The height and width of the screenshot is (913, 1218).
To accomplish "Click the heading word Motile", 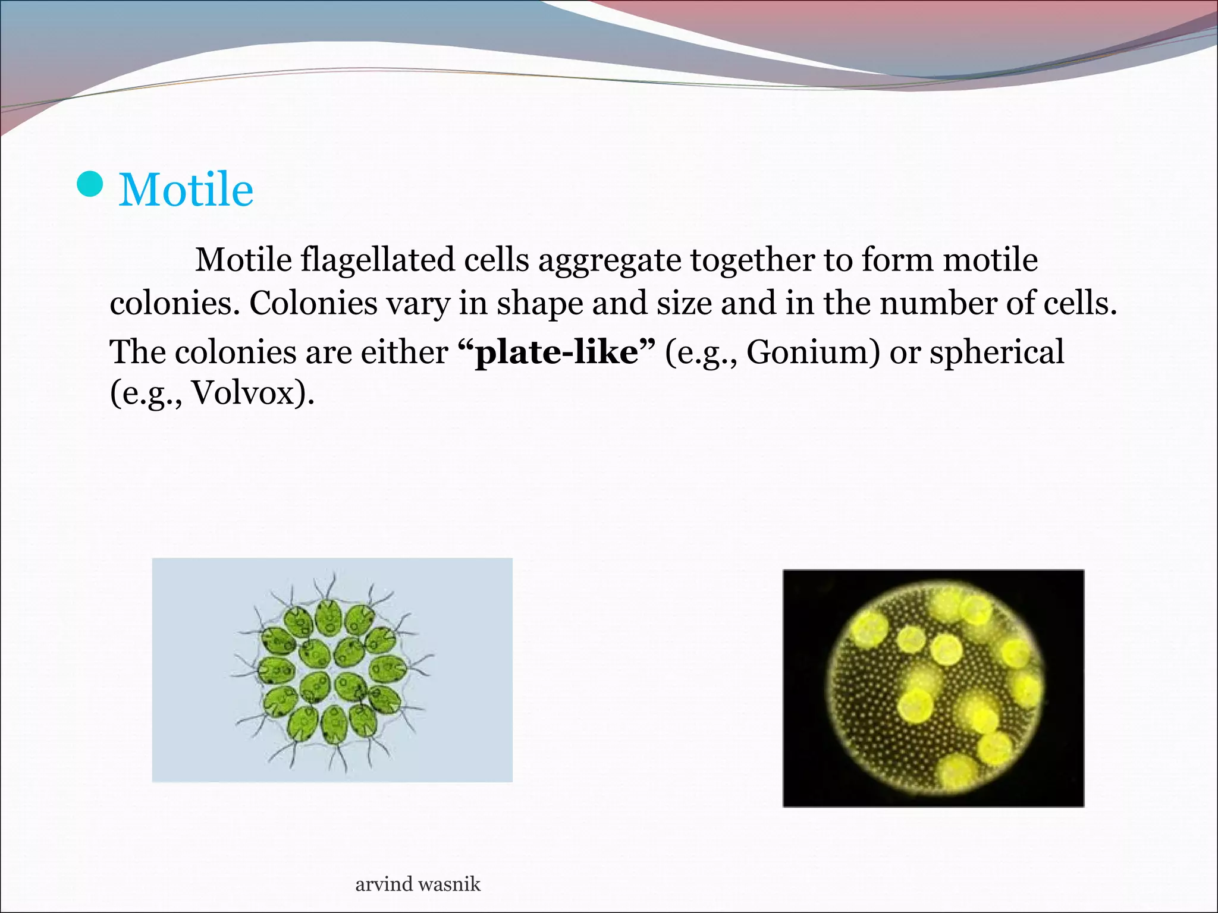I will [x=186, y=190].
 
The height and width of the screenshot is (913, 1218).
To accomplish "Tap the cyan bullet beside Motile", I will [x=90, y=185].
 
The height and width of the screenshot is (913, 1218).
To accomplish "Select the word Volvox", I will [x=243, y=393].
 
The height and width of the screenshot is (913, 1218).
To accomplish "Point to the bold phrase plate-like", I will [x=557, y=352].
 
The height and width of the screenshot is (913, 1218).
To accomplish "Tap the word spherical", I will [x=997, y=352].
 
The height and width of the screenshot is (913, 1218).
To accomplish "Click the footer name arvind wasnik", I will [x=417, y=884].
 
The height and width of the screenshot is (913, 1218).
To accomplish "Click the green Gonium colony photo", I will [x=332, y=670].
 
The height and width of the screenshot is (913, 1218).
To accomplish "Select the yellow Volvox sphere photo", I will [x=933, y=688].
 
